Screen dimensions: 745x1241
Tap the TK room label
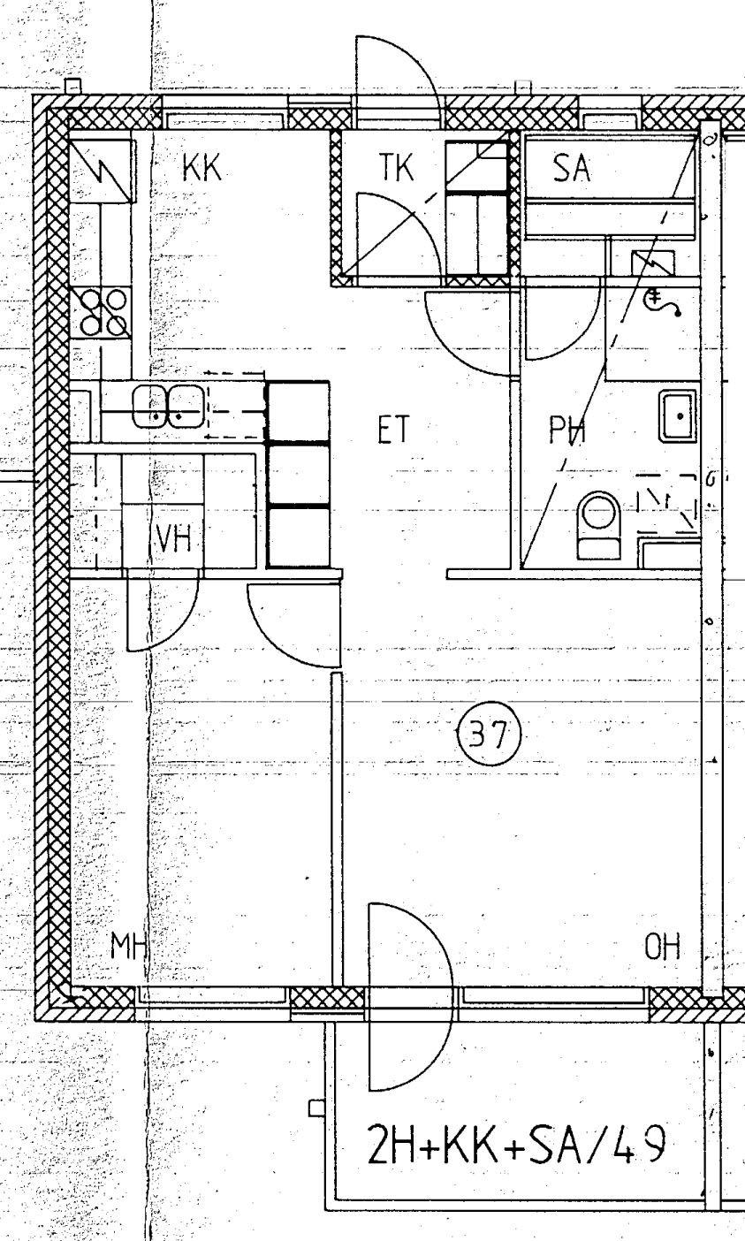click(396, 167)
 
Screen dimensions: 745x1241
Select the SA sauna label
click(572, 169)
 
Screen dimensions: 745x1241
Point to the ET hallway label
click(394, 430)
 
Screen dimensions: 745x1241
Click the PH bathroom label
click(566, 430)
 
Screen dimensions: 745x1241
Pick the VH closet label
click(174, 537)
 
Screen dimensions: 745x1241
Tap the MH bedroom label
click(128, 946)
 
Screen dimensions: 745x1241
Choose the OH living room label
click(663, 946)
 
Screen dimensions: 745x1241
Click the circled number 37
click(489, 735)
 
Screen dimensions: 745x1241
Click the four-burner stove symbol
click(103, 313)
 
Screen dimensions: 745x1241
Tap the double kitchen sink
click(168, 407)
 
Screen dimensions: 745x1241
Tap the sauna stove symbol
click(653, 262)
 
